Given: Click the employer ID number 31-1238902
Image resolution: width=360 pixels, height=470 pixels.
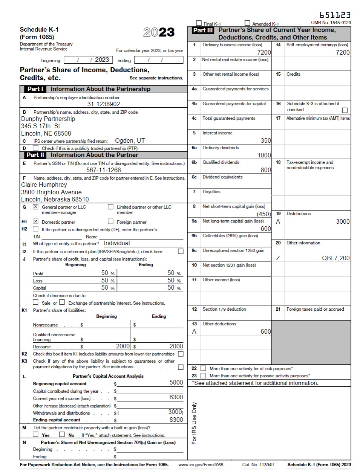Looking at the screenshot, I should pos(104,104).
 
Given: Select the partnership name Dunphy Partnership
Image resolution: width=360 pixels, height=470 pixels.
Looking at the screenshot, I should pos(48,119).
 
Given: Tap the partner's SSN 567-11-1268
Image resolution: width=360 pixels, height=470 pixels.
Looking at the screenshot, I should pos(104,170).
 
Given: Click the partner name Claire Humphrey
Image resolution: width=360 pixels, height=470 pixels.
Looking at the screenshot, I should pos(44,185).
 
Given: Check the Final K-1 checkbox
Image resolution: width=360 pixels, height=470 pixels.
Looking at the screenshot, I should pos(199,23).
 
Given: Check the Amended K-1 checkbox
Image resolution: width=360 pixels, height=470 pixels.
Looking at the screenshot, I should pos(247,23).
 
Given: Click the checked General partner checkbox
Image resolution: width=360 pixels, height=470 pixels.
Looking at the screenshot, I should pos(35,207).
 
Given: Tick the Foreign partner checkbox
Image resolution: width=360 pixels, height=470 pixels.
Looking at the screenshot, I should pos(110,221).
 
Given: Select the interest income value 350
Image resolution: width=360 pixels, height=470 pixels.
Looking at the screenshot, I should pos(266,140).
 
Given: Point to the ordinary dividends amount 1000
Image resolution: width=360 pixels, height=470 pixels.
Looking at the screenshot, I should pos(264,155).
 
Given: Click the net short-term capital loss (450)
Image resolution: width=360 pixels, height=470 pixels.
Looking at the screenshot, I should pos(263,214).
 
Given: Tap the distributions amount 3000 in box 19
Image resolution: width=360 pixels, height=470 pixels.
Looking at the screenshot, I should pos(342,221).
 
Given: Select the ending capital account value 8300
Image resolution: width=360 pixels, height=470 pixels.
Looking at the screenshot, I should pos(176,420).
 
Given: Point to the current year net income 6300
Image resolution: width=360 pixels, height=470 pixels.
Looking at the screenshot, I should pos(176,397).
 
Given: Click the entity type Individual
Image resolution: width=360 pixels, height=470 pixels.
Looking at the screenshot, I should pos(117,243).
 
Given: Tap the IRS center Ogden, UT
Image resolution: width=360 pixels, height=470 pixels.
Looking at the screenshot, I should pos(130,141).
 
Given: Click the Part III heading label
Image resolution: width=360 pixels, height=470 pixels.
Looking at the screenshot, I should pos(203,30).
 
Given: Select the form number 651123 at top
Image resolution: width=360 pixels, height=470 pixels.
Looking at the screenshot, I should pos(335,15).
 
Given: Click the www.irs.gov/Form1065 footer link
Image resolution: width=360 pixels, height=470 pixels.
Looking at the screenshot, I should pos(201,464).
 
